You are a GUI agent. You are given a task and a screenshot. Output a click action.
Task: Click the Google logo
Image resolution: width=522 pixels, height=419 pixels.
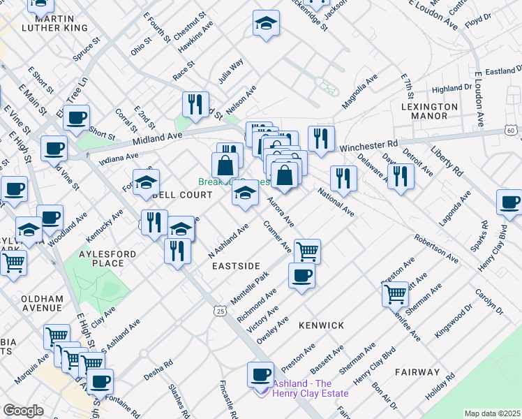[23, 411]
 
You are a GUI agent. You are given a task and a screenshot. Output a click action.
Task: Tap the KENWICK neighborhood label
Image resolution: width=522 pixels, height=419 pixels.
[321, 325]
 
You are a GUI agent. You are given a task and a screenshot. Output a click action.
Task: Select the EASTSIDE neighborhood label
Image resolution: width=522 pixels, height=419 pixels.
[236, 266]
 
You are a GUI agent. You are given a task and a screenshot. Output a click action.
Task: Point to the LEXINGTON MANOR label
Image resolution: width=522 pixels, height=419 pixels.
[430, 112]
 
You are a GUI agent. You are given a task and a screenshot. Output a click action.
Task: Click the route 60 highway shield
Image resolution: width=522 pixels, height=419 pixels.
[512, 131]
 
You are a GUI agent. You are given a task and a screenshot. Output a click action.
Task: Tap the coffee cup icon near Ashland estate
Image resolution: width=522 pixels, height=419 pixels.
[261, 374]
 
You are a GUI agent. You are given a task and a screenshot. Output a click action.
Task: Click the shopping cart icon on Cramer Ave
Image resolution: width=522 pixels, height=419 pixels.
[307, 250]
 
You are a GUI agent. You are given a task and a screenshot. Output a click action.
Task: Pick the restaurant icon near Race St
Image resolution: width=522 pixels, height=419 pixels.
[195, 104]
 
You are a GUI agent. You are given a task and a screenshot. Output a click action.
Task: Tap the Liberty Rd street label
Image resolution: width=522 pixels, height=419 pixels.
[447, 161]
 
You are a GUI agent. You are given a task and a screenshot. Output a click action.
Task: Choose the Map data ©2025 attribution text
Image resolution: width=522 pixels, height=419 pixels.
[493, 413]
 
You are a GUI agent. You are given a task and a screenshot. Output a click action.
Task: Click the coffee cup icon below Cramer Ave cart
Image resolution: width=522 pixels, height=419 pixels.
[301, 274]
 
